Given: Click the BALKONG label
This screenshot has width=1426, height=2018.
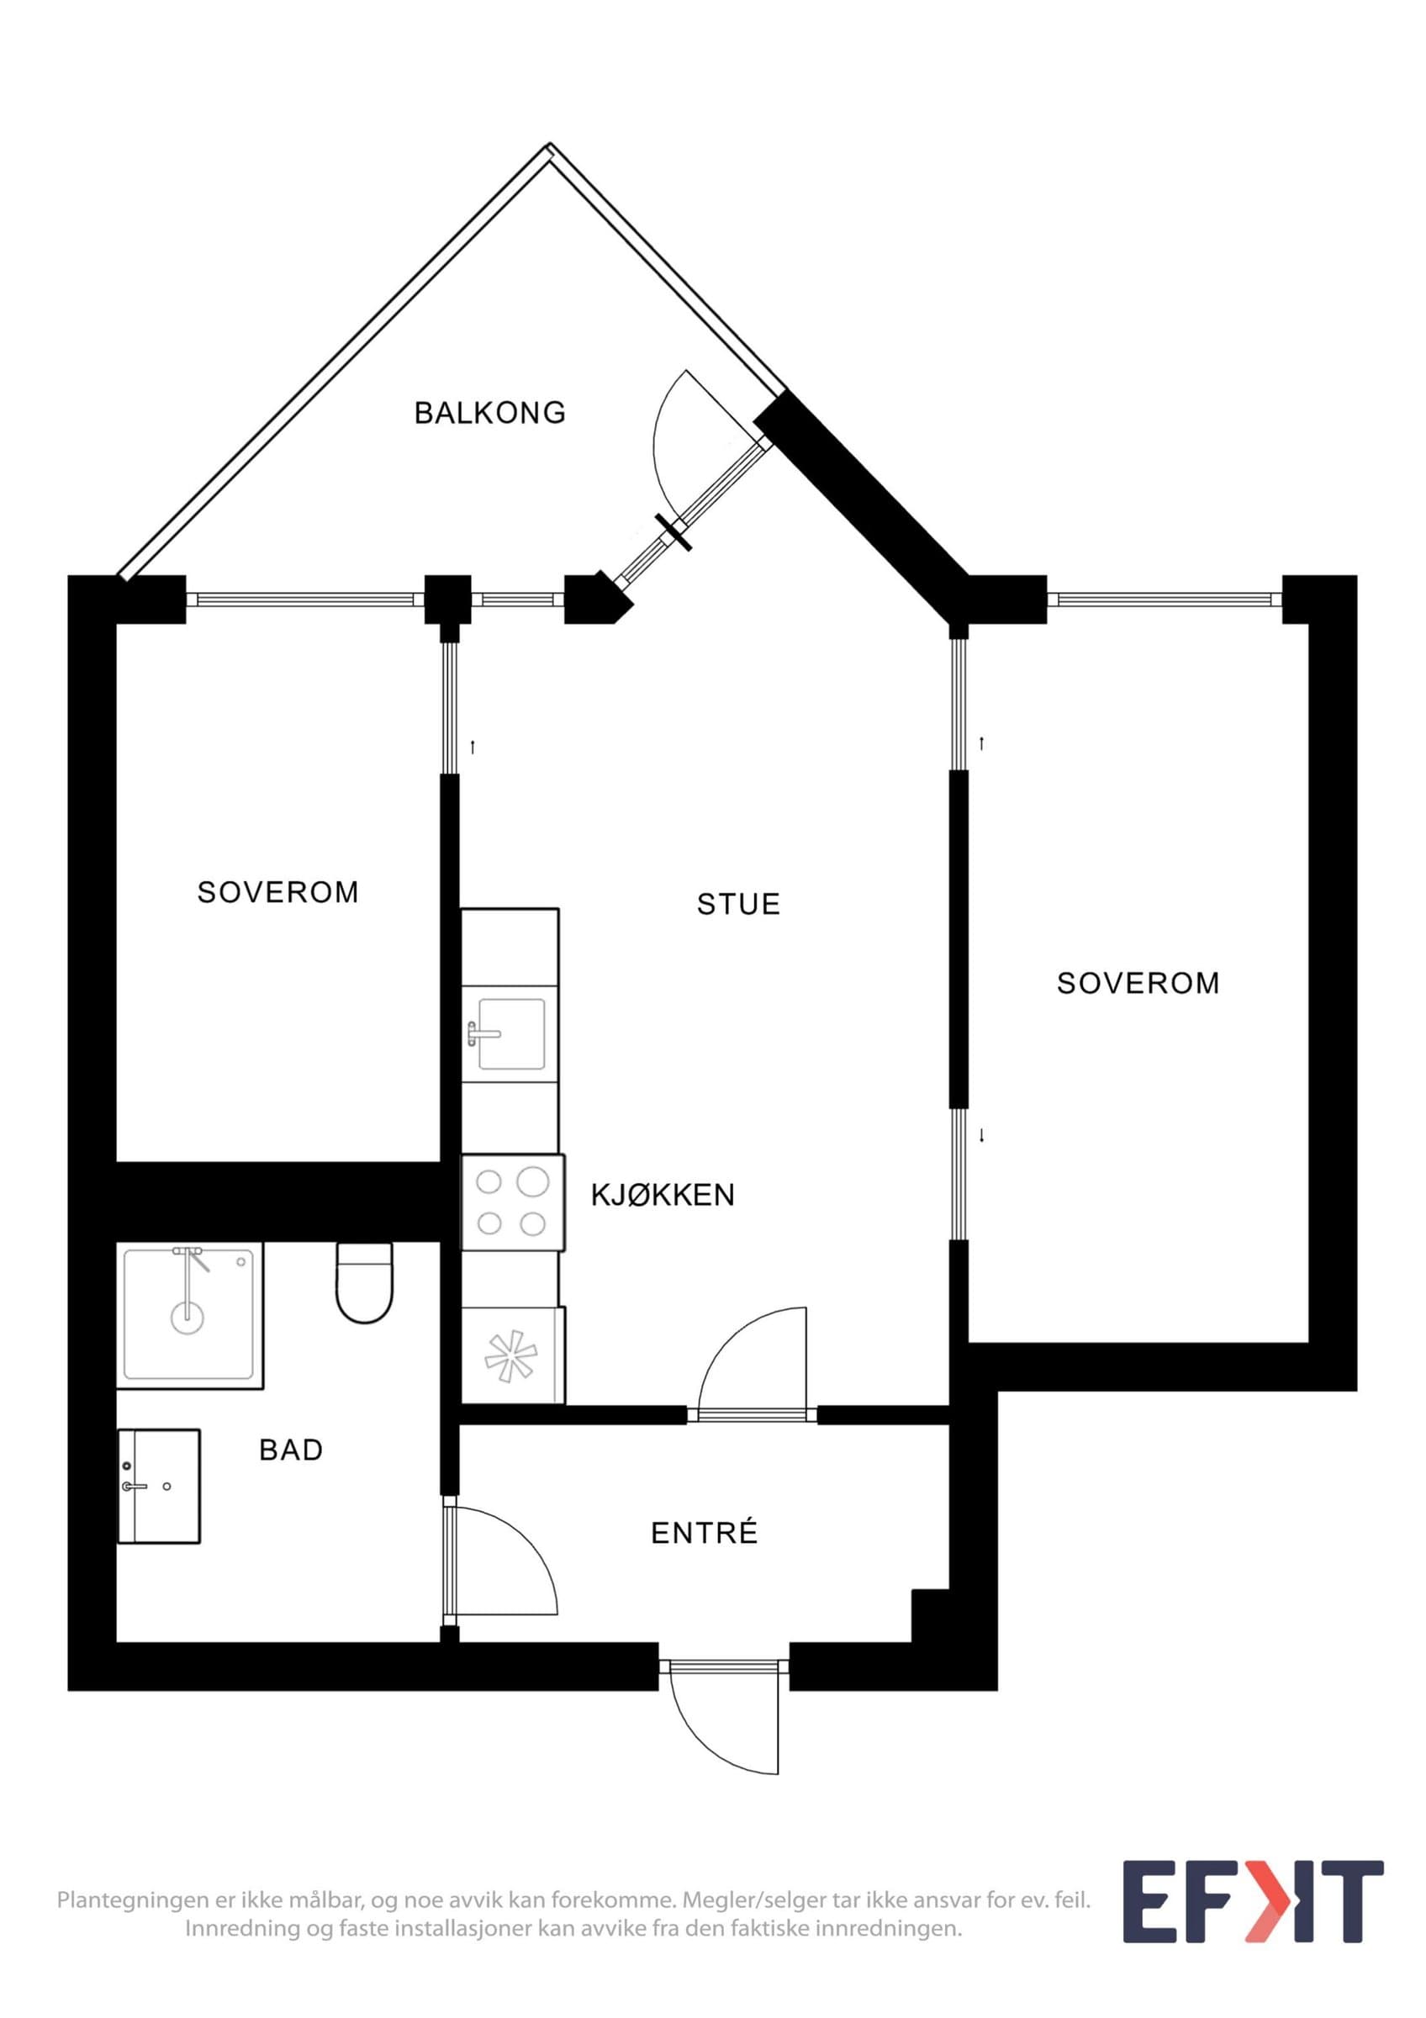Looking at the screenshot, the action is click(x=490, y=412).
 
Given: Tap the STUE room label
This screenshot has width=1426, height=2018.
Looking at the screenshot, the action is click(x=738, y=905).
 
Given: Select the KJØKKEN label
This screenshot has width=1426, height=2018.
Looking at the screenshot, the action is click(x=663, y=1196).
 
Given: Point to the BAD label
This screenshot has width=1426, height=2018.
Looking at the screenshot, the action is click(x=291, y=1450).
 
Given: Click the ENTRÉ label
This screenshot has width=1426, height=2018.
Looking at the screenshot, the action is click(x=704, y=1533).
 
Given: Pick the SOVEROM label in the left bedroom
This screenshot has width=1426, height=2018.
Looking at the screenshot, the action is click(x=278, y=892).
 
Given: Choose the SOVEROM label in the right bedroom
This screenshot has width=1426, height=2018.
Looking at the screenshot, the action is click(x=1138, y=983).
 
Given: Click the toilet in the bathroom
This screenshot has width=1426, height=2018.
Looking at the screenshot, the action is click(x=364, y=1282).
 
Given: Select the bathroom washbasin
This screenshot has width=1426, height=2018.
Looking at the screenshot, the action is click(x=159, y=1486).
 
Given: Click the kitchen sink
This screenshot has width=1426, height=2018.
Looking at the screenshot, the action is click(x=510, y=1033).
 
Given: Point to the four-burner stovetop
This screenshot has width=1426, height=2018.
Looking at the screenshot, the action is click(x=513, y=1202).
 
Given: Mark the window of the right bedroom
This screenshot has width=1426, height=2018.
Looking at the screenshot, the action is click(x=1165, y=600).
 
